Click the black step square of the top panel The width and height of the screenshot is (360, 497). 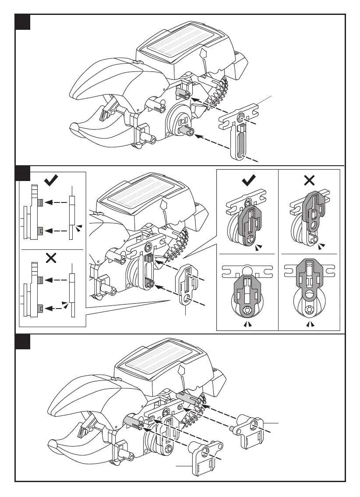pyautogui.click(x=22, y=22)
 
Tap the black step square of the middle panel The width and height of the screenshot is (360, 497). pyautogui.click(x=22, y=173)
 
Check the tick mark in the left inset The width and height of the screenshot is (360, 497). pyautogui.click(x=52, y=180)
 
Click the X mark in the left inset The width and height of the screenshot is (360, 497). pyautogui.click(x=51, y=258)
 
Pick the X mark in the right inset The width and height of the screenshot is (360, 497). pyautogui.click(x=309, y=180)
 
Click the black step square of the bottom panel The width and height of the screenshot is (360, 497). pyautogui.click(x=22, y=342)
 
